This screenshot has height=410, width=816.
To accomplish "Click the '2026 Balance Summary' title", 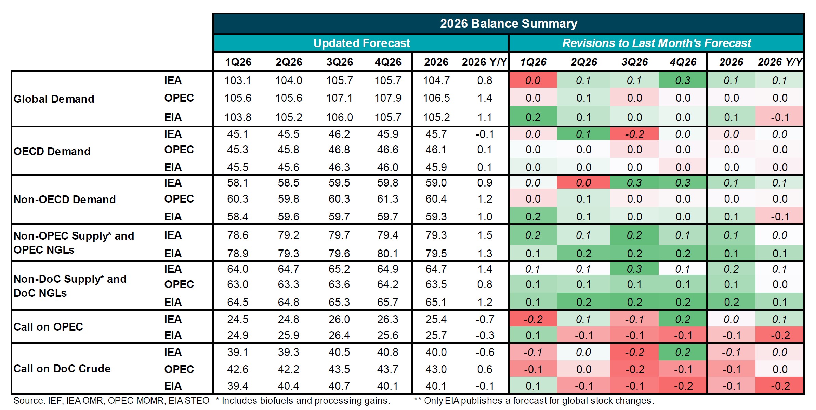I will [x=508, y=24].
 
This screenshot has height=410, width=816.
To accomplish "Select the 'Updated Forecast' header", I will [x=361, y=43].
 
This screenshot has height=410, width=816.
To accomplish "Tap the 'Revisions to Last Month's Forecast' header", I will [x=656, y=43].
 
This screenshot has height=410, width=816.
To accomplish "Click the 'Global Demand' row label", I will [x=54, y=99].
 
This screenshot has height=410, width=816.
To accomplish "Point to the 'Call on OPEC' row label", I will [x=48, y=327].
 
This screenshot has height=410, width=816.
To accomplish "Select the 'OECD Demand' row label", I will [x=52, y=151].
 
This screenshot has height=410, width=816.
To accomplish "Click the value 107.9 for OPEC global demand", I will [x=387, y=98].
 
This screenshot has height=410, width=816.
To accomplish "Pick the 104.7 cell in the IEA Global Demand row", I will [x=436, y=80].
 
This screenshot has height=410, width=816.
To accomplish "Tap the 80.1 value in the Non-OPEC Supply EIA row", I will [x=387, y=254].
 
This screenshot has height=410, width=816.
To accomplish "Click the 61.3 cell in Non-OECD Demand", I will [x=387, y=199].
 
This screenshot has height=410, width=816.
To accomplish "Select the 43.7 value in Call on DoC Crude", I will [x=387, y=369].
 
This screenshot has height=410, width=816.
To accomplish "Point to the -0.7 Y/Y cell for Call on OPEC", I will [x=485, y=319].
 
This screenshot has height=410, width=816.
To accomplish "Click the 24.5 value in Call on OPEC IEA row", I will [x=238, y=319].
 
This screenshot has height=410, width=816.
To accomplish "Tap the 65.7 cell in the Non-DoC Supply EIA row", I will [x=387, y=302].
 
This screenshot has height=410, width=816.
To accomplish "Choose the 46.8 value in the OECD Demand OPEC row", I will [x=339, y=150].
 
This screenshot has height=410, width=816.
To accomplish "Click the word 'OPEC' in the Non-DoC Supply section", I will [x=179, y=284].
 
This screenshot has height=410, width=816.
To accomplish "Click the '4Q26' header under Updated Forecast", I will [x=388, y=62].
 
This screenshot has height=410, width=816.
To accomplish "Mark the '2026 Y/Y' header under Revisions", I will [x=779, y=62].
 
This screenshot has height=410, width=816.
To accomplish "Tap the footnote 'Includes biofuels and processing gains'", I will [x=306, y=401].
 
